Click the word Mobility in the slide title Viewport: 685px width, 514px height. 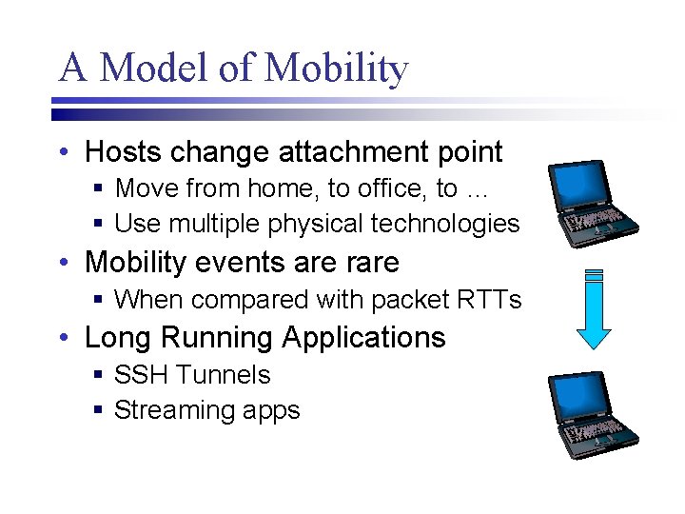pyautogui.click(x=337, y=69)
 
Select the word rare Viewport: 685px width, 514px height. pyautogui.click(x=367, y=262)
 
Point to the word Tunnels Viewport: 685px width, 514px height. pyautogui.click(x=224, y=375)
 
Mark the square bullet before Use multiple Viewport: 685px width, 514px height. pyautogui.click(x=99, y=225)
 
